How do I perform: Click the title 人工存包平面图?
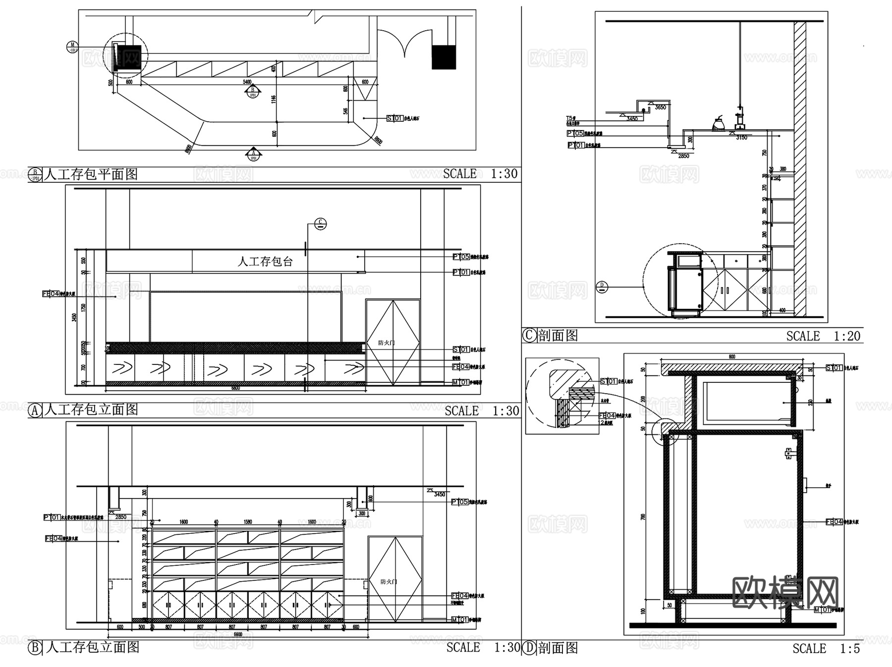coord(91,174)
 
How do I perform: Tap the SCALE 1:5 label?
coord(826,648)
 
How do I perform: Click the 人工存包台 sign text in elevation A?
coord(265,261)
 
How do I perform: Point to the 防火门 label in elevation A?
coord(386,343)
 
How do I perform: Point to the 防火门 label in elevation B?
coord(389,582)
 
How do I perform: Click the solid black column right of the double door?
coord(444,57)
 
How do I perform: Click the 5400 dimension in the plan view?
coord(247,82)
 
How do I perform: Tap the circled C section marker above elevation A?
coord(321,224)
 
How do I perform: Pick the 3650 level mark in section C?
coord(660,107)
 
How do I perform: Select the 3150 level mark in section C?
coord(741,137)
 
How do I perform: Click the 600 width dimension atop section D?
coord(731,357)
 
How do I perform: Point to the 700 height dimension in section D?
coord(643,516)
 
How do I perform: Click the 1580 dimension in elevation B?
coord(248,522)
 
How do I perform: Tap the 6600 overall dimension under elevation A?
coord(236,388)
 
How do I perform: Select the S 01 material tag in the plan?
coord(395,118)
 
